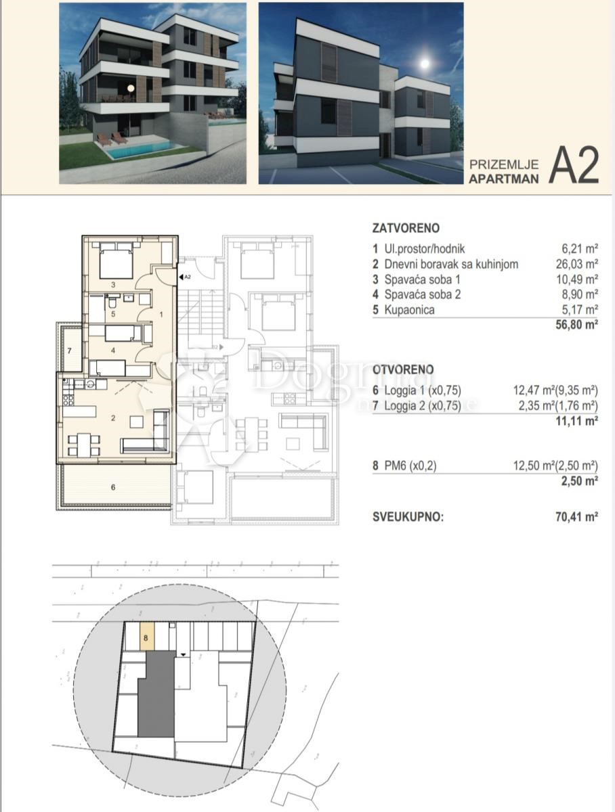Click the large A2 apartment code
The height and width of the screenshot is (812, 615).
(574, 165)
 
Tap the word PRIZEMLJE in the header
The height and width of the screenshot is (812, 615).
(503, 164)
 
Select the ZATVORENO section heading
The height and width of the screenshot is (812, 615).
(406, 228)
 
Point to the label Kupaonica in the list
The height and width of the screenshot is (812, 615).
(409, 309)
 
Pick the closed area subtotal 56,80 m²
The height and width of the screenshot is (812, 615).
(576, 325)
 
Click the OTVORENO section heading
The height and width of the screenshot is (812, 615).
(403, 369)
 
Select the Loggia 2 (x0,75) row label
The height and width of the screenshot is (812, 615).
(422, 406)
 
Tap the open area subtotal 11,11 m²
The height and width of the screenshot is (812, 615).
(576, 421)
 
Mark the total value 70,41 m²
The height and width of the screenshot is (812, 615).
(576, 517)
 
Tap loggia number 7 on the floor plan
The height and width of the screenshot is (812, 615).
(69, 351)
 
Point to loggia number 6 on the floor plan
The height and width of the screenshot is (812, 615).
(113, 487)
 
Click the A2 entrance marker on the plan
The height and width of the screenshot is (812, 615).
(185, 277)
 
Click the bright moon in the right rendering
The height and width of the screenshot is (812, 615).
(425, 64)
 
